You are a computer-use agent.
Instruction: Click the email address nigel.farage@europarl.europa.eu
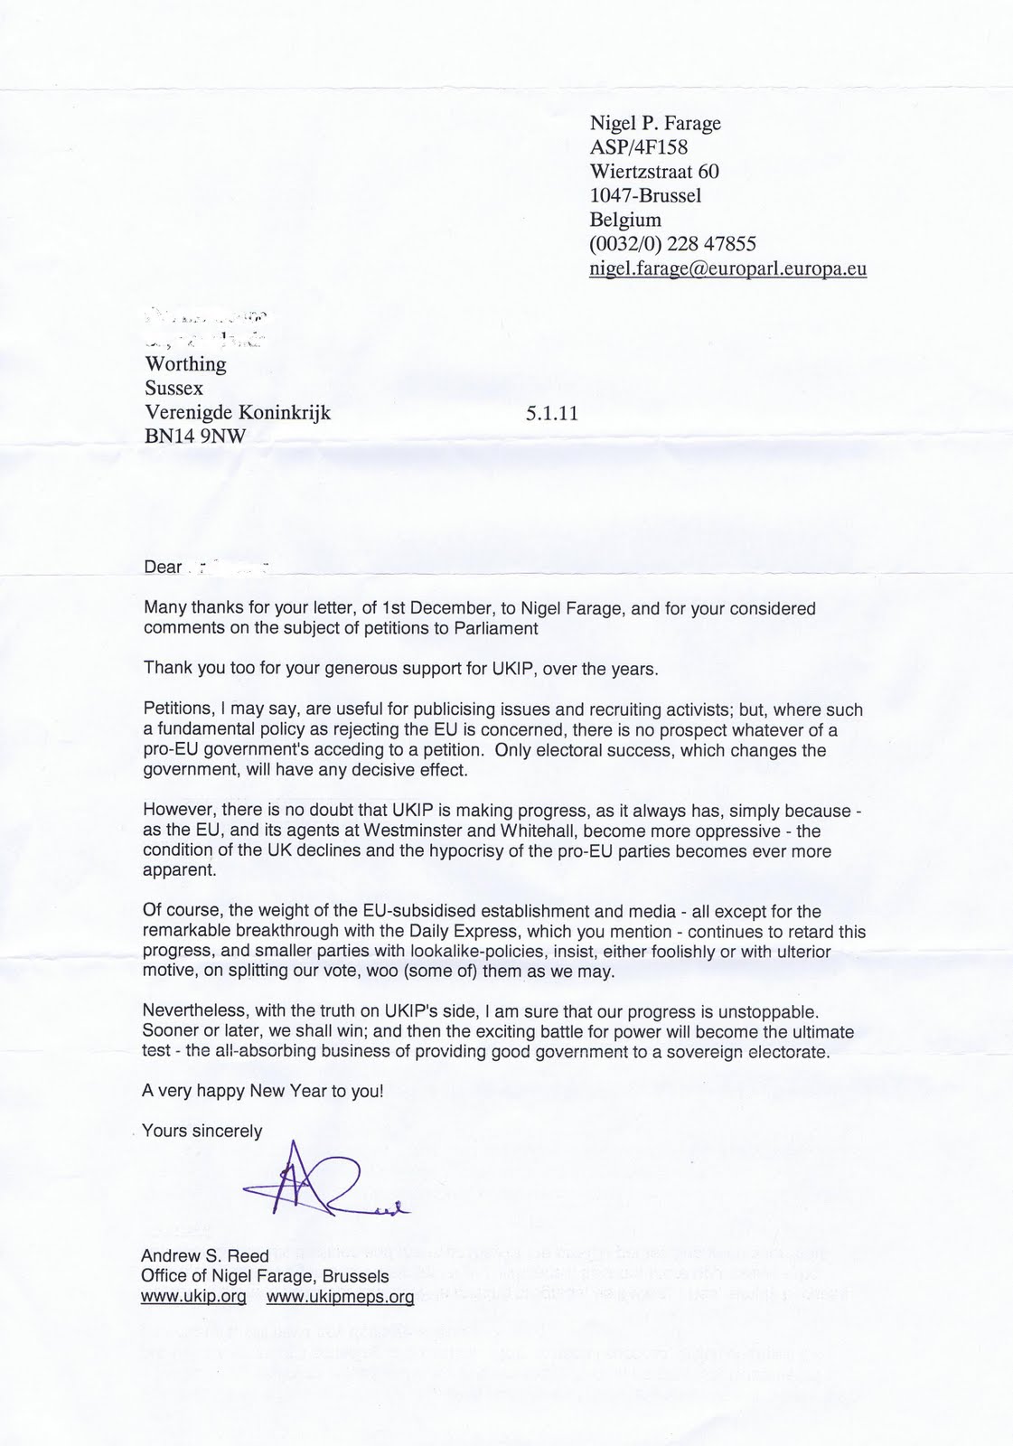click(x=727, y=268)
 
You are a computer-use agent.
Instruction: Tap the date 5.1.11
click(x=550, y=414)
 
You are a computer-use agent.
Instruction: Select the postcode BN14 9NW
click(x=194, y=437)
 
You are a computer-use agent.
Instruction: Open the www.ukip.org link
click(x=193, y=1297)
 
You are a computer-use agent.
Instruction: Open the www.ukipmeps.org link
click(x=340, y=1297)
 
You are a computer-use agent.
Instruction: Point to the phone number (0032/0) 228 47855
click(x=672, y=244)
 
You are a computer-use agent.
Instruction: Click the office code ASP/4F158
click(x=638, y=147)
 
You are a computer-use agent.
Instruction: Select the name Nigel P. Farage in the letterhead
click(x=654, y=123)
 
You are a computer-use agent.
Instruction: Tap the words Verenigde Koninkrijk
click(x=238, y=413)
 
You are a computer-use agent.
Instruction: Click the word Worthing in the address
click(x=185, y=364)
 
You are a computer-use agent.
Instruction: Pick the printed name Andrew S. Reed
click(x=204, y=1256)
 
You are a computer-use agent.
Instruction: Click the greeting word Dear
click(x=163, y=568)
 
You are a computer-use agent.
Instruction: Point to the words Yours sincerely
click(x=202, y=1131)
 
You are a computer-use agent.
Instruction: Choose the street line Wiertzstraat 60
click(x=654, y=172)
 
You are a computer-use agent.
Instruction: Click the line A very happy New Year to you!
click(x=263, y=1091)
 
